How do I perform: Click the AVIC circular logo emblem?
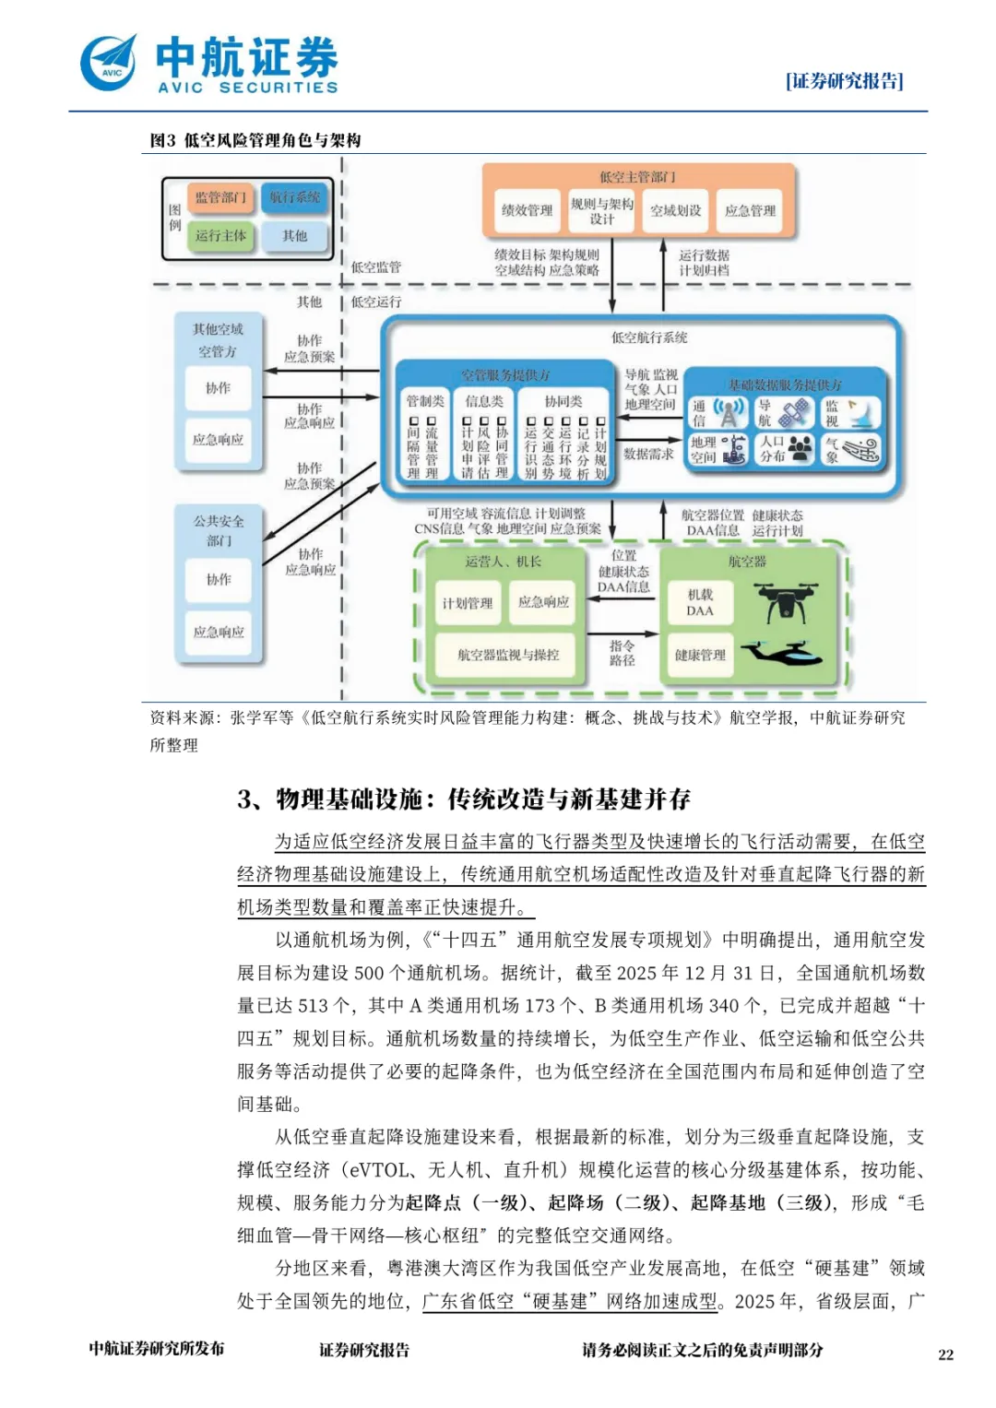point(109,64)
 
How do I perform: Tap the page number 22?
point(945,1355)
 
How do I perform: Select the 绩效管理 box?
point(527,210)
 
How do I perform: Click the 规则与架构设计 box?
point(601,210)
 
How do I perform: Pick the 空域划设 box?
point(675,210)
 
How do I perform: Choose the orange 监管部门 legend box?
point(220,197)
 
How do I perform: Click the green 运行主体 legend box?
point(220,236)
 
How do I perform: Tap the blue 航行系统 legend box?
point(294,197)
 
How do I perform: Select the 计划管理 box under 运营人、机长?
point(467,604)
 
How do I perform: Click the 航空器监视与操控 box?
point(508,655)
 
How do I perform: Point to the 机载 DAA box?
point(700,603)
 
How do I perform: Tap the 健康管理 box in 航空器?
point(700,655)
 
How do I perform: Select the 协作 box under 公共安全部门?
point(219,579)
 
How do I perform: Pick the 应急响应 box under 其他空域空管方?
point(218,440)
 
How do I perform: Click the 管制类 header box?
point(424,401)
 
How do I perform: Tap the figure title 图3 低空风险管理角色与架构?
point(255,140)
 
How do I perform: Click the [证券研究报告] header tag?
point(844,81)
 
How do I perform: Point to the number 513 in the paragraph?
point(314,1006)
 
